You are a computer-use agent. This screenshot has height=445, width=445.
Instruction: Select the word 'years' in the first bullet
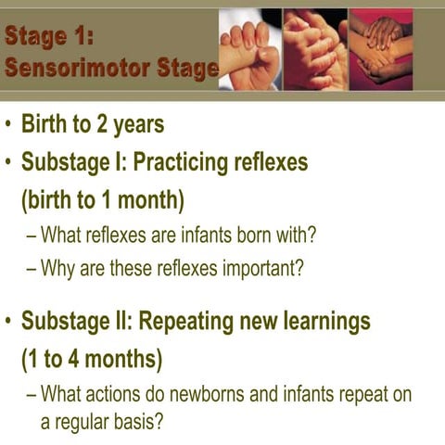pyautogui.click(x=142, y=123)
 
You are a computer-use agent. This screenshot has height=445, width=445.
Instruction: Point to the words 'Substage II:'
pyautogui.click(x=77, y=321)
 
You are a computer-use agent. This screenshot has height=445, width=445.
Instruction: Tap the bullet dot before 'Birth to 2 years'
pyautogui.click(x=9, y=124)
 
